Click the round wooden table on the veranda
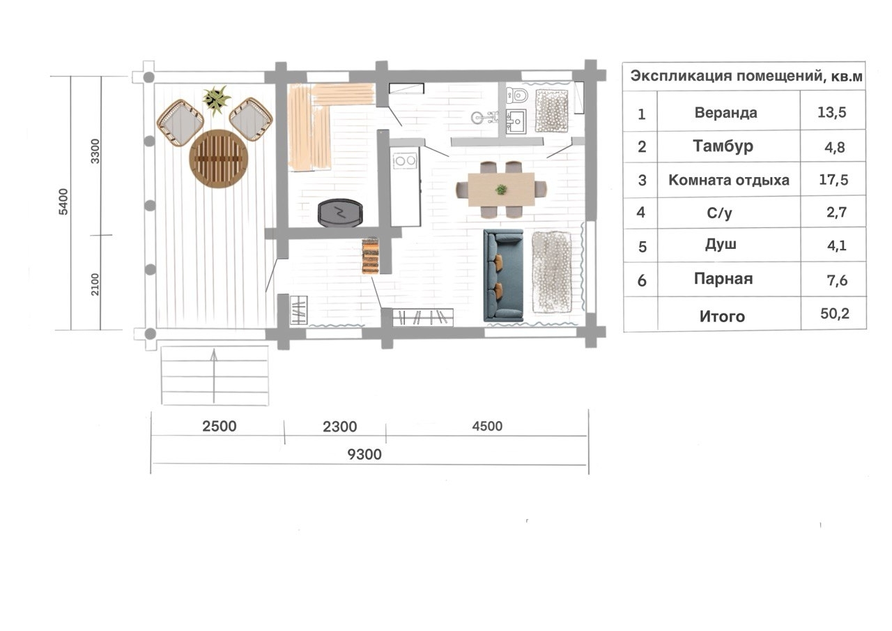[x=219, y=158]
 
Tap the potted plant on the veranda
[x=216, y=100]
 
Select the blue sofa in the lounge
[x=503, y=275]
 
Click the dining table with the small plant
[x=501, y=190]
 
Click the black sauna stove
[x=340, y=213]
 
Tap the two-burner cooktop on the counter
[x=405, y=161]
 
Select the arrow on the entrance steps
[x=214, y=376]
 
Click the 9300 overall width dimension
[x=364, y=454]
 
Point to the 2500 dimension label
[x=220, y=426]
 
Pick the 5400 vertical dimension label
[x=63, y=202]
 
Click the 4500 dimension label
[x=487, y=426]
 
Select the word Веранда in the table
[x=726, y=113]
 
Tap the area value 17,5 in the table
[x=833, y=180]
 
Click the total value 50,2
[x=835, y=314]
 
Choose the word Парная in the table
[x=723, y=279]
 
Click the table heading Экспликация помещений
[x=726, y=76]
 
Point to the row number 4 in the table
[x=640, y=213]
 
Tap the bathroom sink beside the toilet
[x=516, y=121]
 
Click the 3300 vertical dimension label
[x=95, y=151]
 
